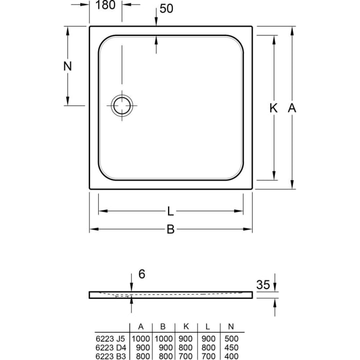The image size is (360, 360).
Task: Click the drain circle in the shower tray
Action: [x=122, y=105]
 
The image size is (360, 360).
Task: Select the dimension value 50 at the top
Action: [x=166, y=9]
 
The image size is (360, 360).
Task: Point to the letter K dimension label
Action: [x=273, y=108]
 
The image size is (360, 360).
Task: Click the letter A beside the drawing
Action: [x=292, y=108]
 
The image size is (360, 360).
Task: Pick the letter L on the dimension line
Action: [x=170, y=211]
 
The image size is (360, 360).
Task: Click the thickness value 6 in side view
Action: [x=141, y=274]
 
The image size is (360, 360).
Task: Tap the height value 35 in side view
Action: [x=263, y=285]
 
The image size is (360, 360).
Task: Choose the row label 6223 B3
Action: [x=110, y=355]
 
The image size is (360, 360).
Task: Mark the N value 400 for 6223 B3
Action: [x=231, y=355]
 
